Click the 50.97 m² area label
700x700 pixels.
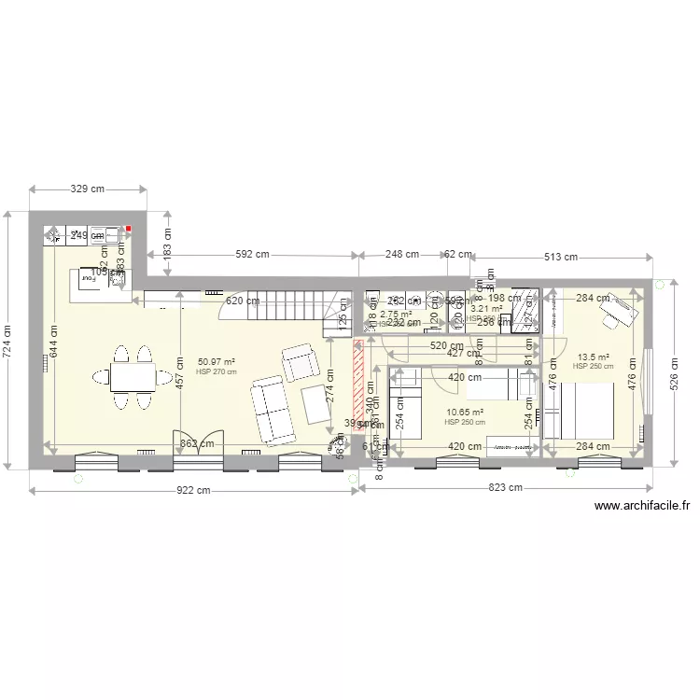point(216,362)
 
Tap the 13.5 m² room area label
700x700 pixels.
point(593,357)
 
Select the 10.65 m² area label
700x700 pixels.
point(465,412)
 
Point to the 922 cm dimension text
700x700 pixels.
point(192,491)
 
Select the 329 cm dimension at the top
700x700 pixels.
point(89,189)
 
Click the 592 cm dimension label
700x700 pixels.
point(252,254)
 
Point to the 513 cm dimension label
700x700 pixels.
point(560,257)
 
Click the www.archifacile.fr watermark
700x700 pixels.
point(641,507)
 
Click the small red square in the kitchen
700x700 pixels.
point(131,228)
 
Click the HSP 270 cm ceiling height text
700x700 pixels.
point(216,371)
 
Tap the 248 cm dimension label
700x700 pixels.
point(401,254)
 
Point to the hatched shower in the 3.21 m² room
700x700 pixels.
point(521,311)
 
